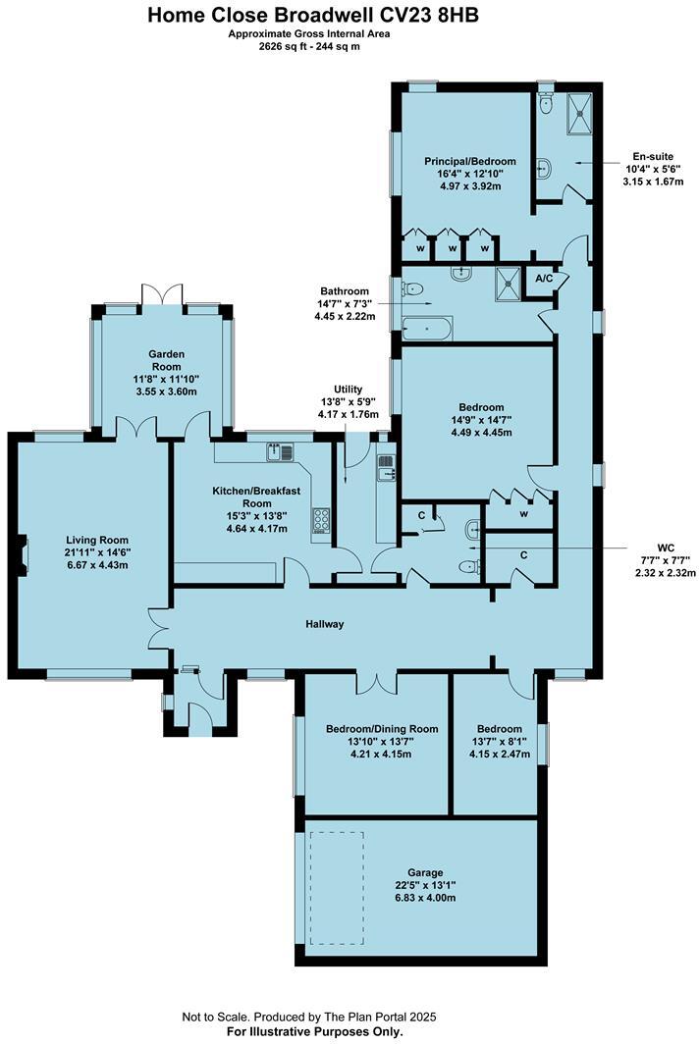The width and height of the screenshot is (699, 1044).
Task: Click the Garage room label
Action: click(425, 872)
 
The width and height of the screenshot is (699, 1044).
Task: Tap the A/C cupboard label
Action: click(544, 279)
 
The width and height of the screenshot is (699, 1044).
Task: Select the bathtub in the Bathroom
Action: click(428, 327)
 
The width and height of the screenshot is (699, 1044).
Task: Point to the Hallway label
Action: click(324, 624)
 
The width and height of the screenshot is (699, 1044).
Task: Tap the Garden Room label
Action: click(167, 361)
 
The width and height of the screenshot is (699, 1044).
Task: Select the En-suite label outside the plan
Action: click(653, 155)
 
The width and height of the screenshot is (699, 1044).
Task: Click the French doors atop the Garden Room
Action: click(161, 295)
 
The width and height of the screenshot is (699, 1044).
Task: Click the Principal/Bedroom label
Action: click(469, 161)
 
